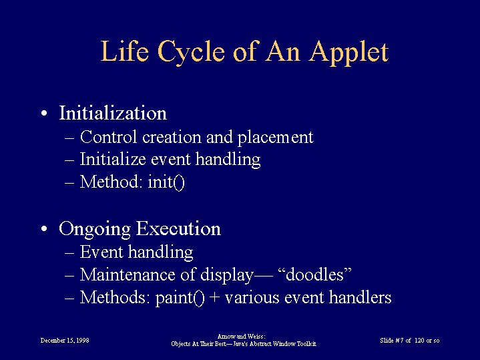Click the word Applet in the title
(x=348, y=52)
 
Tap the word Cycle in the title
(x=191, y=52)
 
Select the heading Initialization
(x=113, y=113)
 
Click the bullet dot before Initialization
(x=44, y=114)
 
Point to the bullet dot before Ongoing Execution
(x=44, y=229)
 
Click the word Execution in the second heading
(x=178, y=228)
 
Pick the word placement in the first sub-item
(x=276, y=138)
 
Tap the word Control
(x=108, y=137)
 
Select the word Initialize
(x=113, y=159)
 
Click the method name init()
(x=166, y=182)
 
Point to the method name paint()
(x=180, y=298)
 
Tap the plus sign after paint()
(x=215, y=298)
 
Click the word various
(x=252, y=297)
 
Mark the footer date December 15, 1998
(x=65, y=341)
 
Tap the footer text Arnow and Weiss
(x=241, y=337)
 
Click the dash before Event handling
(x=69, y=252)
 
